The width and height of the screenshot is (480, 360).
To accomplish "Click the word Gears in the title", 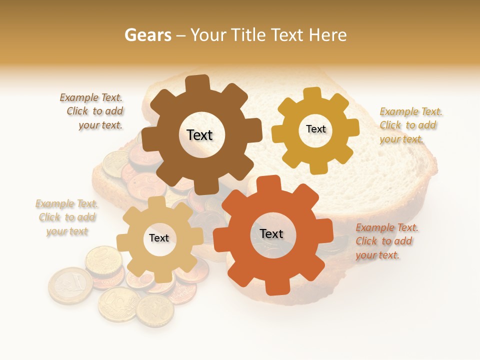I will pos(147,35).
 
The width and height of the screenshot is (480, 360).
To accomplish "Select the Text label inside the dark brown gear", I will pos(199,135).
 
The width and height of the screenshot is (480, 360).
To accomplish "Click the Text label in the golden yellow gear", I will pos(315,129).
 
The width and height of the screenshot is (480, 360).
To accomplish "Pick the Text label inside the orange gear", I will pos(271,233).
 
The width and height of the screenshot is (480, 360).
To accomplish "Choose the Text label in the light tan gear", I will pos(159,238).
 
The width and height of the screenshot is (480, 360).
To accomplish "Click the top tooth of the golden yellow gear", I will pos(312,94).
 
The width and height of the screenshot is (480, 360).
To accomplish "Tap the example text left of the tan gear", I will pos(67,217).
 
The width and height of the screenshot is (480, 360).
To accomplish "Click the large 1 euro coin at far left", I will pos(70,285).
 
